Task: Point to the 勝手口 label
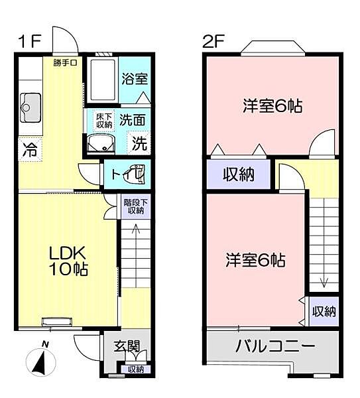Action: point(66,63)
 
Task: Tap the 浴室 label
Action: point(135,78)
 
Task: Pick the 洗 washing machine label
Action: point(139,142)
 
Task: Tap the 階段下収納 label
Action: point(134,206)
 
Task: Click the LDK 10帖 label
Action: point(66,261)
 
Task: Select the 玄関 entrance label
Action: point(125,346)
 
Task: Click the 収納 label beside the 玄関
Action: point(135,369)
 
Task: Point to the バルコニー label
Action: point(275,346)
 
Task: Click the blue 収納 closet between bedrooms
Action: point(238,175)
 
